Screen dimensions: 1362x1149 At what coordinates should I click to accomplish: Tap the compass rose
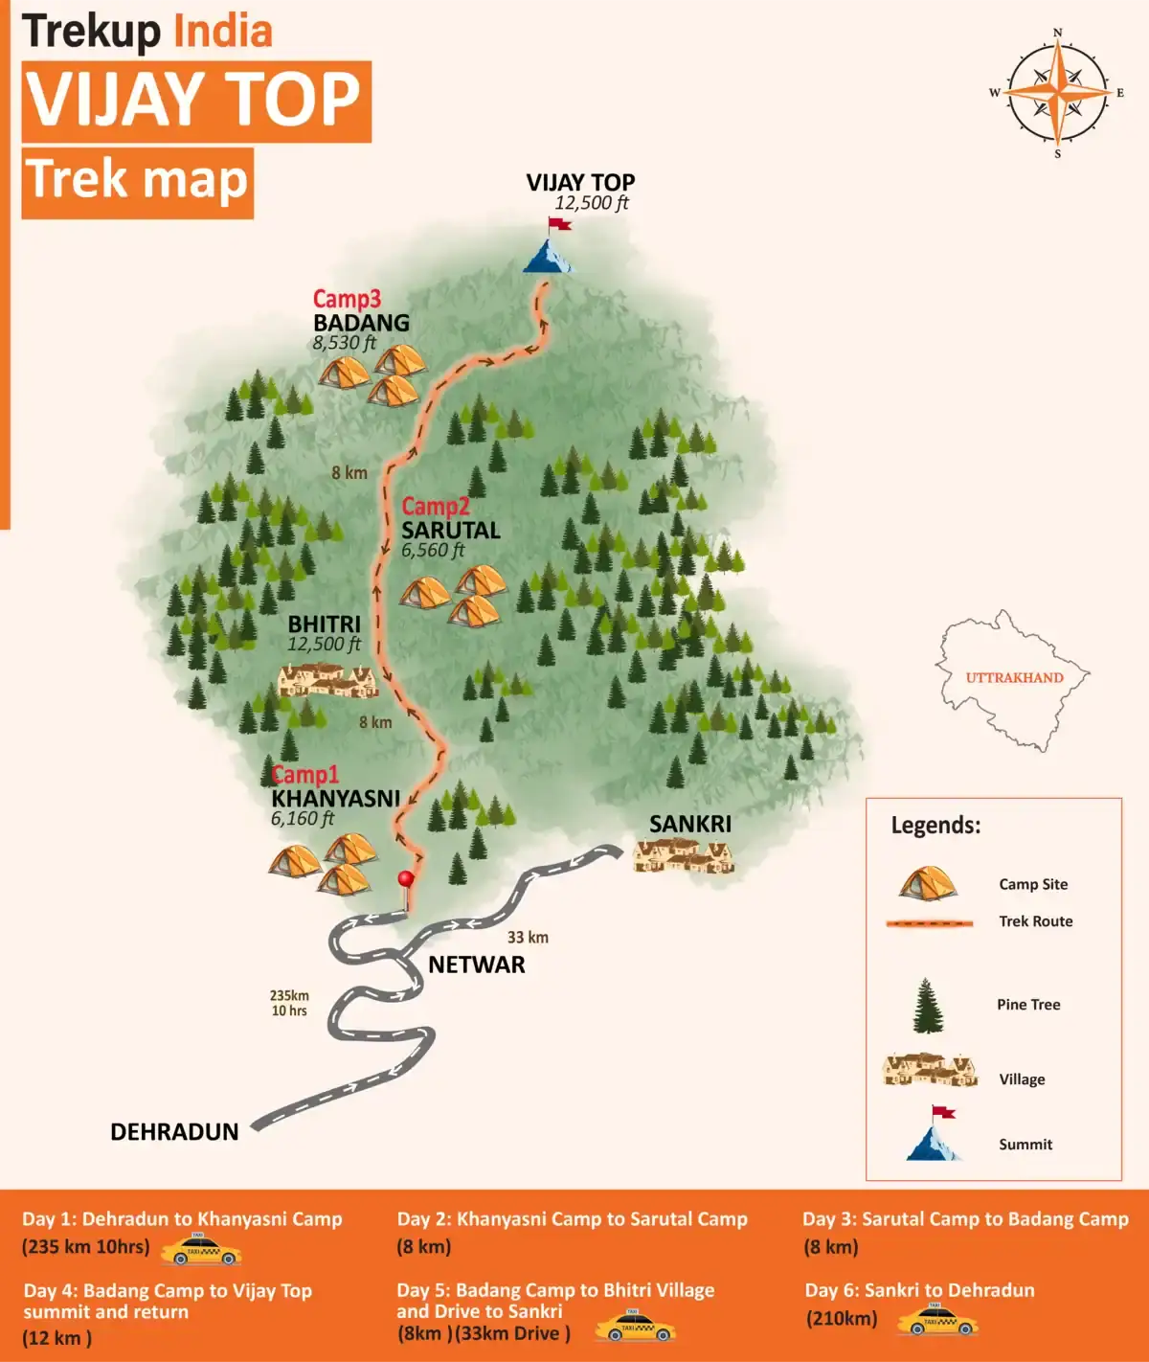[x=1057, y=93]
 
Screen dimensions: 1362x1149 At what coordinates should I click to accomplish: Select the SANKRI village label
[x=689, y=824]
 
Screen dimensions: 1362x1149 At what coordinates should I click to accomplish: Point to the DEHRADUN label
[x=174, y=1132]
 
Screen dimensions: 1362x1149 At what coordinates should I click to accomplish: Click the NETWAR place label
[x=477, y=965]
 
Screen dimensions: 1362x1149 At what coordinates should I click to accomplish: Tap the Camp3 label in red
[x=347, y=299]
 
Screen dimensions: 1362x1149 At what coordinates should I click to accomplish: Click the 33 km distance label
[x=528, y=937]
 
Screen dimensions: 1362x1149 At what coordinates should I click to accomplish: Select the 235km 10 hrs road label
[x=288, y=1003]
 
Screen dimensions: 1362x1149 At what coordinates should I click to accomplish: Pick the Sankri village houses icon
[x=683, y=854]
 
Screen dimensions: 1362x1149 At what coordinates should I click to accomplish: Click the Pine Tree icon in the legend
[x=927, y=1006]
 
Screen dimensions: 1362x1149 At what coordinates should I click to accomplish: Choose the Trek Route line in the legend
[x=929, y=922]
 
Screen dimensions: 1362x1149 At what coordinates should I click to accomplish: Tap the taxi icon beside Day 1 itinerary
[x=200, y=1250]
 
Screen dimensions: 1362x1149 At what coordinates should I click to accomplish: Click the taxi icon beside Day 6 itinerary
[x=937, y=1322]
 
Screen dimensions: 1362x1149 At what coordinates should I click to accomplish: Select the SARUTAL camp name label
[x=450, y=530]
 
